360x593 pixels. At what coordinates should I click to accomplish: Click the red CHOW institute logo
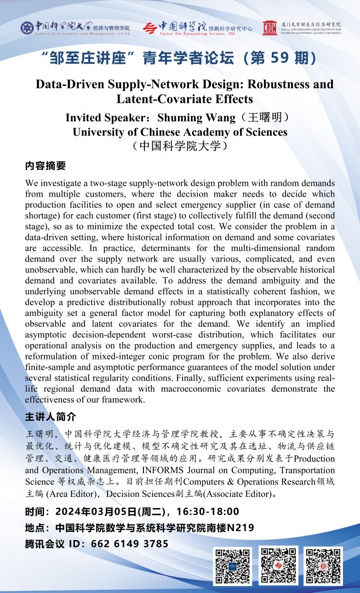269,28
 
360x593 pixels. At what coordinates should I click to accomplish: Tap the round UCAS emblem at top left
27,28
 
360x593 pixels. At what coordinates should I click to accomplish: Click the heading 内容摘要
46,165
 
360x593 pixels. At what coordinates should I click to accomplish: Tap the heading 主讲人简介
50,417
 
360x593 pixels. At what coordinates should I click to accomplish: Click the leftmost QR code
232,565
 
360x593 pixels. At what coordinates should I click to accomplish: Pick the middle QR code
278,565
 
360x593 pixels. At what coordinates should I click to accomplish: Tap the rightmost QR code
323,565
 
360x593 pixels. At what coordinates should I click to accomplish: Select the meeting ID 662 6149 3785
130,544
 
